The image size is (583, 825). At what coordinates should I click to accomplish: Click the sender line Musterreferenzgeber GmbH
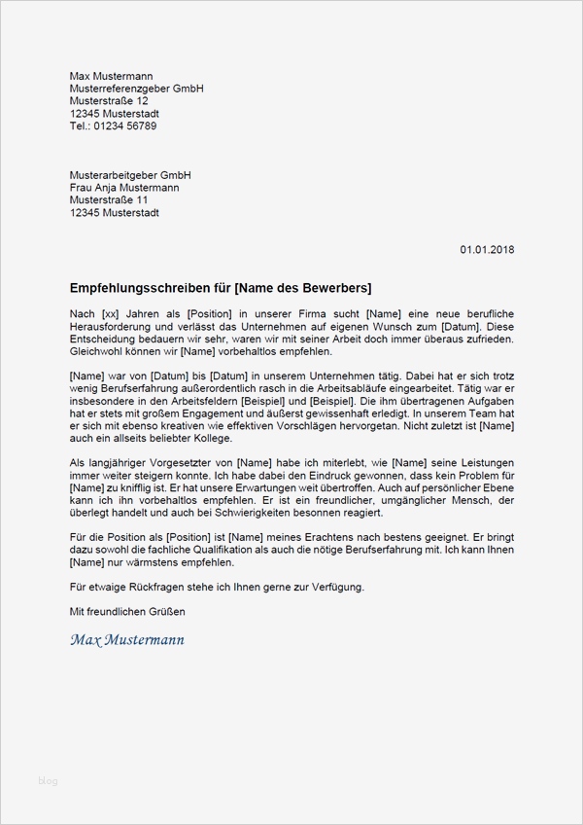(136, 89)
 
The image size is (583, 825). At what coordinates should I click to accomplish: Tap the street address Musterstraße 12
(109, 101)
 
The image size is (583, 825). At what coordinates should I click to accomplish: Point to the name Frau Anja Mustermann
(124, 188)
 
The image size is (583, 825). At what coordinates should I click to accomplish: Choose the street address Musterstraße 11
(109, 200)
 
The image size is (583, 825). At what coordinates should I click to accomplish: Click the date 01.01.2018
(487, 250)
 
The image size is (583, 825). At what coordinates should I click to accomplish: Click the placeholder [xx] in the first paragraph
(111, 313)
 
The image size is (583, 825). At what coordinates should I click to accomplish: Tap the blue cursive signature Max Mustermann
(127, 640)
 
